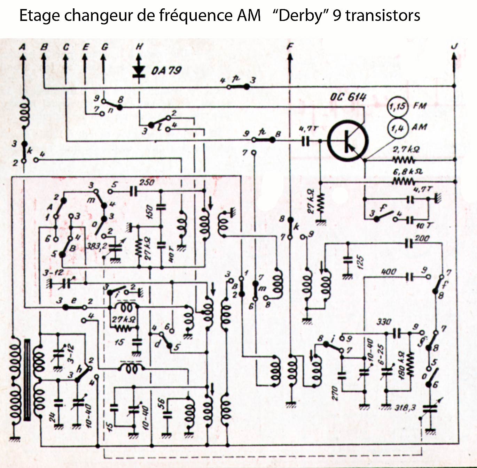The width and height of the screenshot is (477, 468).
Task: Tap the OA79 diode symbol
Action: pyautogui.click(x=139, y=71)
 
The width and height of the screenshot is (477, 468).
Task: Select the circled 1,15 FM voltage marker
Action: pyautogui.click(x=398, y=106)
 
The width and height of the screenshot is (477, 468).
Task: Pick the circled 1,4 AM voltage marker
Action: pyautogui.click(x=398, y=128)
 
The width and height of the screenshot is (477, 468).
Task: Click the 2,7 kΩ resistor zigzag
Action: pyautogui.click(x=403, y=160)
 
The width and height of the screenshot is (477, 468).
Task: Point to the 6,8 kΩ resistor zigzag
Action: pyautogui.click(x=403, y=182)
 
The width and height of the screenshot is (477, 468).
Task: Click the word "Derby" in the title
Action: pyautogui.click(x=298, y=16)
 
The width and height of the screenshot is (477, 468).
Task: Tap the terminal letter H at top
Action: pyautogui.click(x=139, y=46)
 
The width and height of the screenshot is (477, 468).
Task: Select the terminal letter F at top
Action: pyautogui.click(x=290, y=46)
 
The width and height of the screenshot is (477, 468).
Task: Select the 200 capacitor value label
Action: pyautogui.click(x=422, y=238)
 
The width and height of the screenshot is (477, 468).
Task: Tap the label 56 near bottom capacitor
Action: pyautogui.click(x=161, y=402)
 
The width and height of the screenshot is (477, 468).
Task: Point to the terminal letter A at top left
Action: pyautogui.click(x=23, y=46)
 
